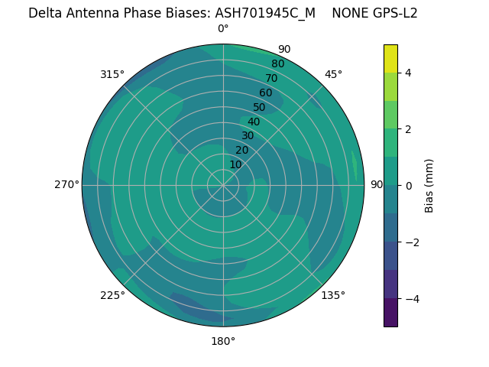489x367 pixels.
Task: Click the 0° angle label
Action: [223, 29]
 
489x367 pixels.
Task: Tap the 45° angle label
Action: [333, 74]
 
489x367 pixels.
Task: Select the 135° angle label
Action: [333, 295]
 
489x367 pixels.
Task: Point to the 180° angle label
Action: [223, 341]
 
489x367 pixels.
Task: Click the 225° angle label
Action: [112, 295]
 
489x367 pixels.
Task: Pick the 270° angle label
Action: [66, 185]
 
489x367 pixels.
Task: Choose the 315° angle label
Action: [112, 74]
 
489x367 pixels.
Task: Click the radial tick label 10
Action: [235, 164]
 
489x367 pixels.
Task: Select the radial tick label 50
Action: [259, 108]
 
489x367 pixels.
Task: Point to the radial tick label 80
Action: [277, 64]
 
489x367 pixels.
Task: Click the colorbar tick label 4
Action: [408, 73]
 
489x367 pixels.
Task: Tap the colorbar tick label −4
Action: [411, 298]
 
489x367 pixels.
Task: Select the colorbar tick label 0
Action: [408, 186]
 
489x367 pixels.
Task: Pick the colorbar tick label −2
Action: [411, 242]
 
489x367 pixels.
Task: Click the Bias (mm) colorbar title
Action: [429, 185]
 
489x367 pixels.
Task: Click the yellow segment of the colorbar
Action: [390, 58]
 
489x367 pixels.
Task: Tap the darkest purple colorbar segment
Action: [390, 313]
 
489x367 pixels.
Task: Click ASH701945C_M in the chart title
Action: [265, 13]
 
